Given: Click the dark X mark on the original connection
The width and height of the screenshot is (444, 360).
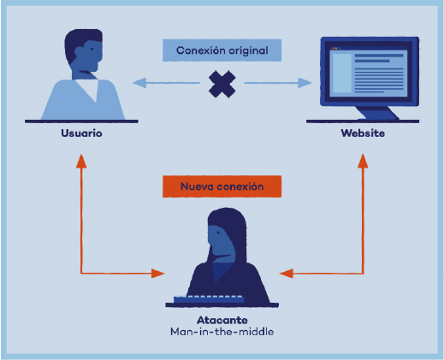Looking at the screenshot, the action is pyautogui.click(x=222, y=85).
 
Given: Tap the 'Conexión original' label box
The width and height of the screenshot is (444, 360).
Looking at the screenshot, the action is pyautogui.click(x=222, y=50).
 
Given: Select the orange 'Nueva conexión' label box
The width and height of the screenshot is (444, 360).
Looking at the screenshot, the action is pyautogui.click(x=222, y=186).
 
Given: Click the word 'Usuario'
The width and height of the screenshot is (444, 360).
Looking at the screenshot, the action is pyautogui.click(x=81, y=133).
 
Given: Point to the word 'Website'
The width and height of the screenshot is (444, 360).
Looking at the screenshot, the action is pyautogui.click(x=363, y=133).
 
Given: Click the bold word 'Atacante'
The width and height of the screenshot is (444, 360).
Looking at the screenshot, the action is pyautogui.click(x=222, y=320).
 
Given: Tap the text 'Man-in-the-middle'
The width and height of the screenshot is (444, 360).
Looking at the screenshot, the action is pyautogui.click(x=222, y=332).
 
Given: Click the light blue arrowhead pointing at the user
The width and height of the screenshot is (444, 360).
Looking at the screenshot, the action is pyautogui.click(x=139, y=83).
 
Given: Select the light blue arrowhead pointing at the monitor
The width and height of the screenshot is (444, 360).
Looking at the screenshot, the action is pyautogui.click(x=305, y=83).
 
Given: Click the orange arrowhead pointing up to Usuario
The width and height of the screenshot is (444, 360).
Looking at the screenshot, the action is pyautogui.click(x=81, y=162).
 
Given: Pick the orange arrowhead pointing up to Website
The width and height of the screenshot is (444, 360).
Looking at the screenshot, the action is pyautogui.click(x=363, y=162).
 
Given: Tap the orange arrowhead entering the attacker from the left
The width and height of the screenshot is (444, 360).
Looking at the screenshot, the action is pyautogui.click(x=157, y=274).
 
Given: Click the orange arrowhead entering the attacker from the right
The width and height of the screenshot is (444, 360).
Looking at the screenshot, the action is pyautogui.click(x=287, y=274).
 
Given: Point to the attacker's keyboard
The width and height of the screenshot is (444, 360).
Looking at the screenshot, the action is pyautogui.click(x=209, y=299).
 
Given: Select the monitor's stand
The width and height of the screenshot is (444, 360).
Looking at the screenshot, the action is pyautogui.click(x=376, y=113).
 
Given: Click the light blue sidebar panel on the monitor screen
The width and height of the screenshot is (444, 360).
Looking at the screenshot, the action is pyautogui.click(x=342, y=74).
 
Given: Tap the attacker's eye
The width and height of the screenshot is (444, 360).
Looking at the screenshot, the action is pyautogui.click(x=218, y=233).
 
